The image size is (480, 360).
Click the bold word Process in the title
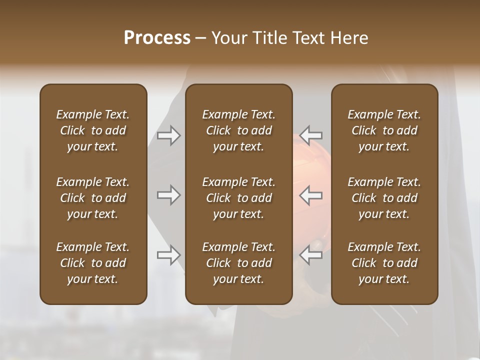point(157,38)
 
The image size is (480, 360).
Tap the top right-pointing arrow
point(168,135)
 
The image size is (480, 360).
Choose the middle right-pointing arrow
point(168,195)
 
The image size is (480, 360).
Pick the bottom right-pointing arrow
point(168,255)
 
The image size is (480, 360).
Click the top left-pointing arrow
point(311,135)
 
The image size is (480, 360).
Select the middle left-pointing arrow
point(311,195)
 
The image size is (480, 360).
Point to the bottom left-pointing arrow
point(311,255)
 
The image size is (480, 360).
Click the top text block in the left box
point(93,130)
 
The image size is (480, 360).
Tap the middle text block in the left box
point(93,198)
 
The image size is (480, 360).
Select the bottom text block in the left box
point(93,263)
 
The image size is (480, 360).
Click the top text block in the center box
point(238,130)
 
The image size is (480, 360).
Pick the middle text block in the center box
point(238,198)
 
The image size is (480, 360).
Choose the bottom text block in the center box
point(238,263)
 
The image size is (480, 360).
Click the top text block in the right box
point(384,130)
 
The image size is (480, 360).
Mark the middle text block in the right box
point(384,198)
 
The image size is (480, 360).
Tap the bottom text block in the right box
point(384,263)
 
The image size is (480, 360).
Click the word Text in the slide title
point(308,38)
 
